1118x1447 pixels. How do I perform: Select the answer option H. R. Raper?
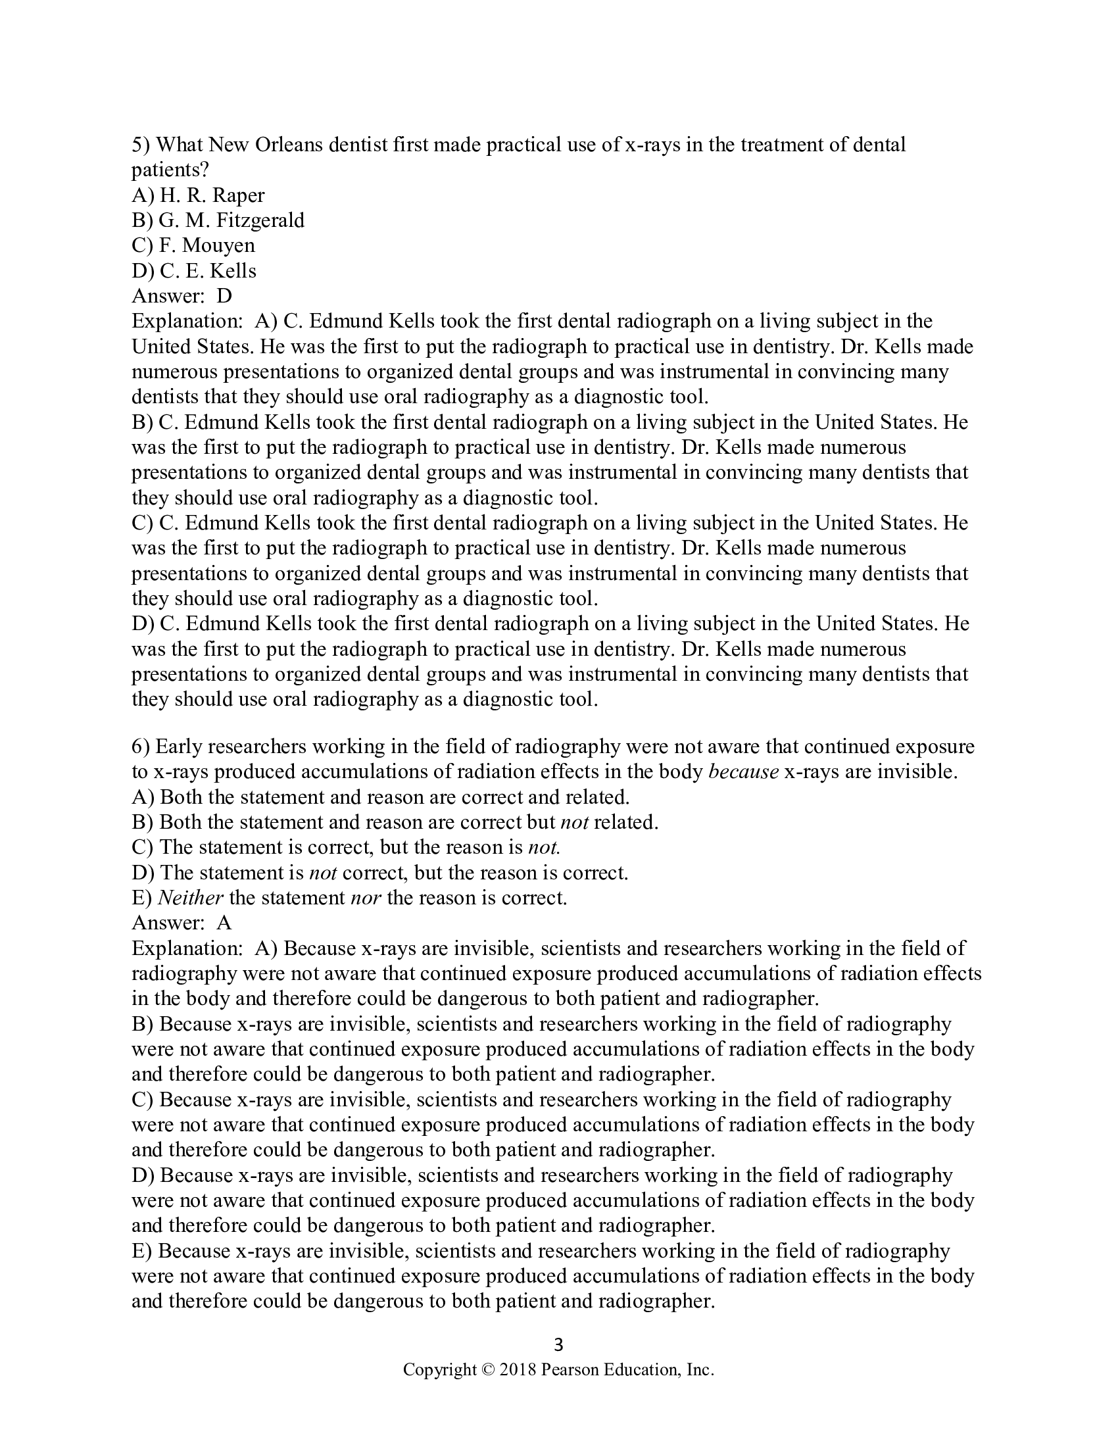point(212,195)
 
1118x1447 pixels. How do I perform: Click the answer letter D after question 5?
point(224,296)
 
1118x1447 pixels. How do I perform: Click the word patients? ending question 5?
point(170,170)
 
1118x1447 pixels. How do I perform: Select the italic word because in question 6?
point(743,772)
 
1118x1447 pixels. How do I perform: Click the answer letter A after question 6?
point(224,923)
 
